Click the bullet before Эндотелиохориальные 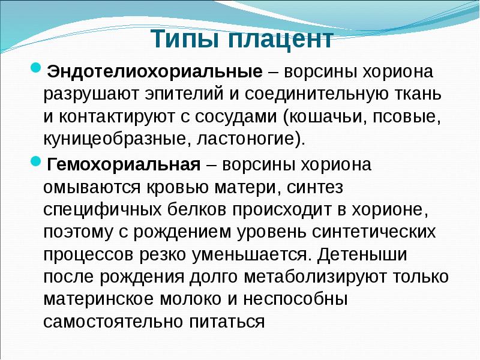[x=35, y=67]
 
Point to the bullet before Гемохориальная [x=35, y=160]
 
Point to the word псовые [x=413, y=117]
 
